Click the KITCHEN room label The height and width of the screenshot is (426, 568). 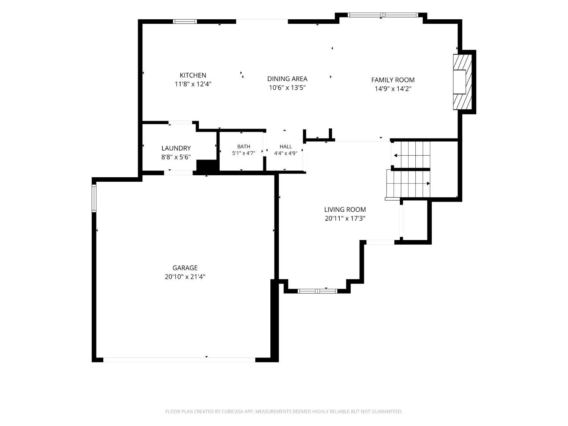click(x=193, y=75)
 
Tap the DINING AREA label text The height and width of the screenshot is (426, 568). click(x=287, y=79)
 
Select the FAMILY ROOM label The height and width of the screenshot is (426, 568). click(x=393, y=80)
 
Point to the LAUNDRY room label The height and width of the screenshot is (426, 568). click(x=176, y=148)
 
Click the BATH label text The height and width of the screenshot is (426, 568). click(x=243, y=147)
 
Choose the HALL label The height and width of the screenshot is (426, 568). click(x=286, y=147)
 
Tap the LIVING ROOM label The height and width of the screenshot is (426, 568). click(x=345, y=209)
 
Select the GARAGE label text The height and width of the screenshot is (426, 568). click(x=185, y=268)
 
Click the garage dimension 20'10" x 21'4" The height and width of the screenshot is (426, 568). click(x=185, y=277)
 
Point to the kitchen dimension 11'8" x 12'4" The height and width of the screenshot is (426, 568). click(x=193, y=84)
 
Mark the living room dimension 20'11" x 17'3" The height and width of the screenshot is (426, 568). click(x=345, y=218)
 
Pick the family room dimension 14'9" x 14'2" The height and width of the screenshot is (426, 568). click(x=393, y=89)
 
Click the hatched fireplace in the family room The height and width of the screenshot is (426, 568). click(x=462, y=82)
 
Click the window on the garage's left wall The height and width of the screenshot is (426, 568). click(x=94, y=198)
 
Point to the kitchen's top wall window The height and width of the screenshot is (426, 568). click(x=185, y=22)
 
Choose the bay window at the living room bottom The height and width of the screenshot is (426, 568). click(x=317, y=291)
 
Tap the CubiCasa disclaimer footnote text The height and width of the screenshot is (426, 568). click(x=284, y=412)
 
